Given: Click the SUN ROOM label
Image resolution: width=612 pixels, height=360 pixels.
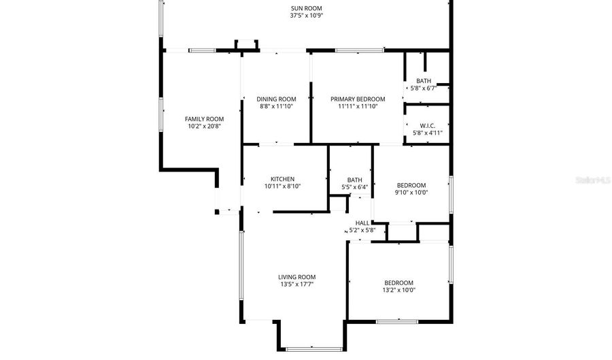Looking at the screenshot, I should coord(307,8).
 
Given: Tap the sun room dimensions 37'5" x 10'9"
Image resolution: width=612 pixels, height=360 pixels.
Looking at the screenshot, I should coord(307,16).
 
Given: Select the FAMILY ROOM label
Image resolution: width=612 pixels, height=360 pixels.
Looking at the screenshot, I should coord(205,118).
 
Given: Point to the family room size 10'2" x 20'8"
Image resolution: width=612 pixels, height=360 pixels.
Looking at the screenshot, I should coord(205,126).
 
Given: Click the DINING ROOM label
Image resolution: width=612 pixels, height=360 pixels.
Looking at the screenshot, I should coord(276,99).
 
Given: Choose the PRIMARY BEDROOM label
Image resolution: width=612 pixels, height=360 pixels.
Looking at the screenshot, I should coord(358,99).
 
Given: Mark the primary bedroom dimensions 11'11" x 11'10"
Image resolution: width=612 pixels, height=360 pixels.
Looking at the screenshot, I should coord(358,106).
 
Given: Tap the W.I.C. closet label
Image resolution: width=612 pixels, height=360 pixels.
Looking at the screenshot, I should coord(428,125).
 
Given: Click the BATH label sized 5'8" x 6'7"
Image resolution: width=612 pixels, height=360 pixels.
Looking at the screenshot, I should coord(424,81).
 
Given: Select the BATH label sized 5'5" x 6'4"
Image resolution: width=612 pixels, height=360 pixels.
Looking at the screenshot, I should coord(354,180).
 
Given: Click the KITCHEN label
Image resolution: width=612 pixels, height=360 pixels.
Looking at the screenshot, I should coord(282,179).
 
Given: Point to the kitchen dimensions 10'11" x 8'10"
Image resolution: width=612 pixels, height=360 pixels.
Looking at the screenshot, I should coord(282,186).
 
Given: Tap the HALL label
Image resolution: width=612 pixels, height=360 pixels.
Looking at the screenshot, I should coord(362,223).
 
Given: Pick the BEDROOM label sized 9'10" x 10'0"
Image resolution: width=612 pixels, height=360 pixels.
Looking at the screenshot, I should coord(411,185).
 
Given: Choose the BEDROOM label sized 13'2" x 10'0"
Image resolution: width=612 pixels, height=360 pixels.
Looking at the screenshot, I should coord(398,282).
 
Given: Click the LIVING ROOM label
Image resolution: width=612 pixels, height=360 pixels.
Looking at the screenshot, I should coord(296,277).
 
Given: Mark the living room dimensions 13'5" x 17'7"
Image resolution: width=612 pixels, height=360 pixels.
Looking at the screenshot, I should coord(296,284).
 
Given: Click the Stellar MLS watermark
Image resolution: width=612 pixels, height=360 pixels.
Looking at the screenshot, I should coord(592,180).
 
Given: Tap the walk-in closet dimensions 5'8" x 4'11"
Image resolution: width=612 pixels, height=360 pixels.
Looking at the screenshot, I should coord(428,133).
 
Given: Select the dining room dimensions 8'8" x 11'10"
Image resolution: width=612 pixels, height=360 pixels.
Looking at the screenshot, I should coord(276,106).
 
